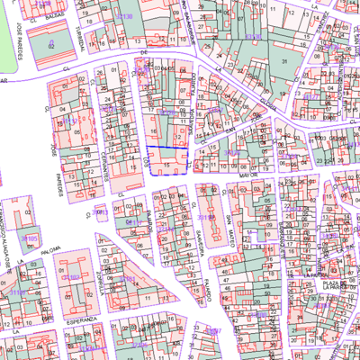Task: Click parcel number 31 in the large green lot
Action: click(284, 59)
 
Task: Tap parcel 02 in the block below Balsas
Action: click(50, 42)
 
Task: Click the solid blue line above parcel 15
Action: click(167, 147)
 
